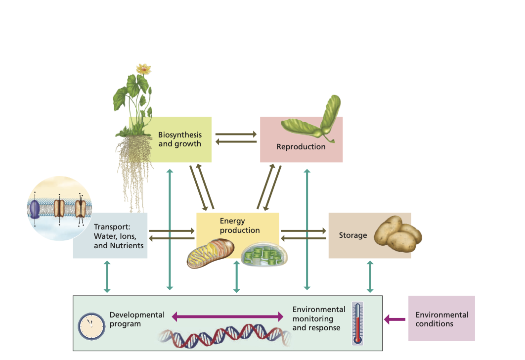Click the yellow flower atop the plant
[x=143, y=69]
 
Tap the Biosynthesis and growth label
[x=179, y=139]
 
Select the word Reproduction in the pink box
[x=301, y=146]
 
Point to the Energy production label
[x=239, y=225]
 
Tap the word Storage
[x=352, y=235]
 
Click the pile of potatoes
[x=397, y=234]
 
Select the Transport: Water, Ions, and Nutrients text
[x=119, y=236]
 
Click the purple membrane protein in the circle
[x=35, y=209]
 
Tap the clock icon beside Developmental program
[x=91, y=326]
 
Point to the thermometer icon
[x=358, y=323]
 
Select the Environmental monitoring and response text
[x=318, y=318]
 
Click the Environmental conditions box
[x=441, y=318]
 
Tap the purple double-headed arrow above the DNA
[x=227, y=316]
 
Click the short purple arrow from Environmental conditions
[x=394, y=319]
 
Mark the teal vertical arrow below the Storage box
[x=370, y=277]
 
